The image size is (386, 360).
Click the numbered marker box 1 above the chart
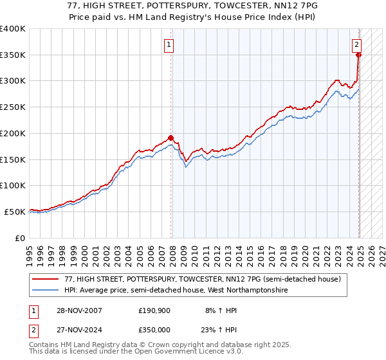pos(168,45)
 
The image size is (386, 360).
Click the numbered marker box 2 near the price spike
pos(356,45)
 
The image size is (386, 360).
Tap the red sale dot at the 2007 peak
pos(170,137)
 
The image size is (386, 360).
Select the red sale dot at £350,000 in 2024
pos(358,55)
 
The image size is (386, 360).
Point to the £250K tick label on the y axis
pos(14,107)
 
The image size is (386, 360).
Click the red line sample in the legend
pos(46,279)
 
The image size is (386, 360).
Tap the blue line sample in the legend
pos(46,290)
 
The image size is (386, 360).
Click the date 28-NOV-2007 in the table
pos(78,310)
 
